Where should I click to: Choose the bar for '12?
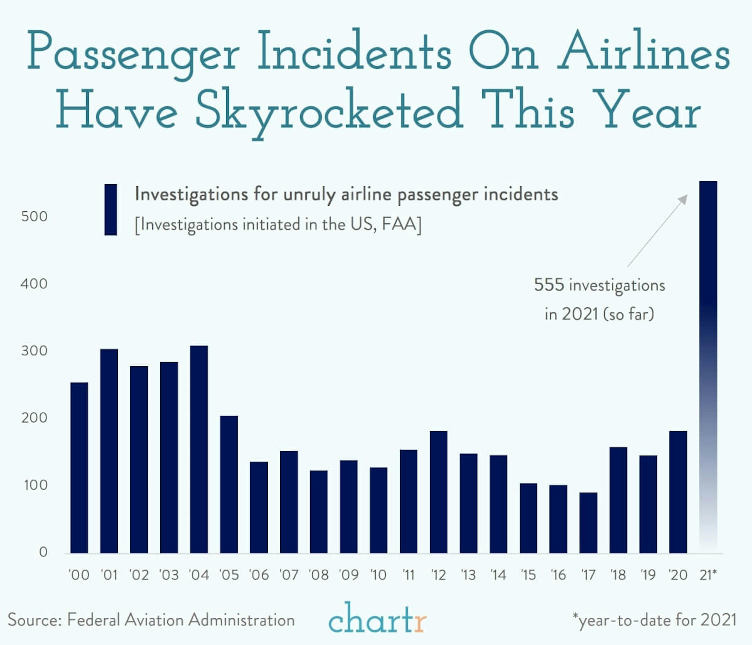tap(438, 492)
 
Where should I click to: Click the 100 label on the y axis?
tap(35, 485)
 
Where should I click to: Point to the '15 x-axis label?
tap(528, 575)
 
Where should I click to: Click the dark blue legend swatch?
tap(110, 210)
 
